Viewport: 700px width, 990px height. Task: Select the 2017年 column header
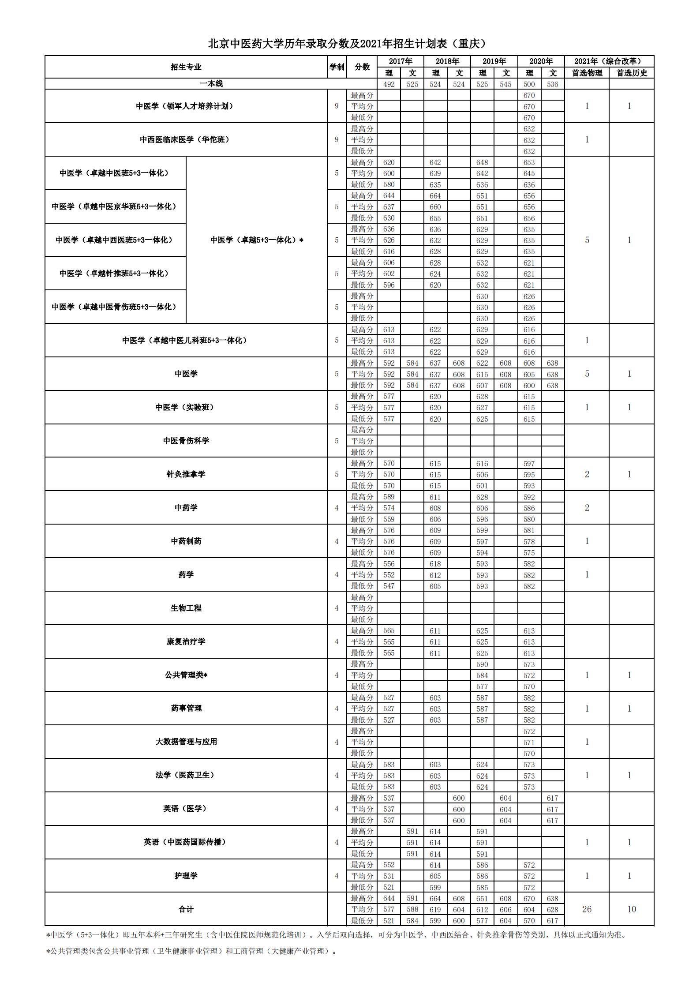point(400,61)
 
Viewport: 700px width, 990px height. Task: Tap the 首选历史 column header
point(631,73)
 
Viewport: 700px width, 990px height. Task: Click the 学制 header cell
point(337,67)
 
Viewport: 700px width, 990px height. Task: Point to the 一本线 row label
point(211,84)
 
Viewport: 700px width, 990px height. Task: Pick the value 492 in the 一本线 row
point(389,84)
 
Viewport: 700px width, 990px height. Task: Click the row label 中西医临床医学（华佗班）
point(186,139)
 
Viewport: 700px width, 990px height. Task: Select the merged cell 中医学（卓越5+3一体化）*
point(257,240)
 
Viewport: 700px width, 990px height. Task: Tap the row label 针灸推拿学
point(186,474)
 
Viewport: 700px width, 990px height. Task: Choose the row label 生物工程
point(186,608)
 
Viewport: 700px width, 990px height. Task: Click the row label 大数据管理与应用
point(186,742)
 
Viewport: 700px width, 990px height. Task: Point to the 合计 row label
point(186,909)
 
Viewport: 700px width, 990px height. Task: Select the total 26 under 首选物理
point(587,909)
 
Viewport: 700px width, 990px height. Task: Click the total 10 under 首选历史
point(631,909)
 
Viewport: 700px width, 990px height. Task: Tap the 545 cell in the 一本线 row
point(505,84)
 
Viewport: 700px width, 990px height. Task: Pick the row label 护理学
point(186,876)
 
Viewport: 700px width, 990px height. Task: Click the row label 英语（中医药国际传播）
point(186,842)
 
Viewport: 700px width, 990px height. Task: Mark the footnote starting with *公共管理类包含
point(191,951)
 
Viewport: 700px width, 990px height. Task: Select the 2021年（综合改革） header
point(609,61)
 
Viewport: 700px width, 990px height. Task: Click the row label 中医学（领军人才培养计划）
point(186,106)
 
